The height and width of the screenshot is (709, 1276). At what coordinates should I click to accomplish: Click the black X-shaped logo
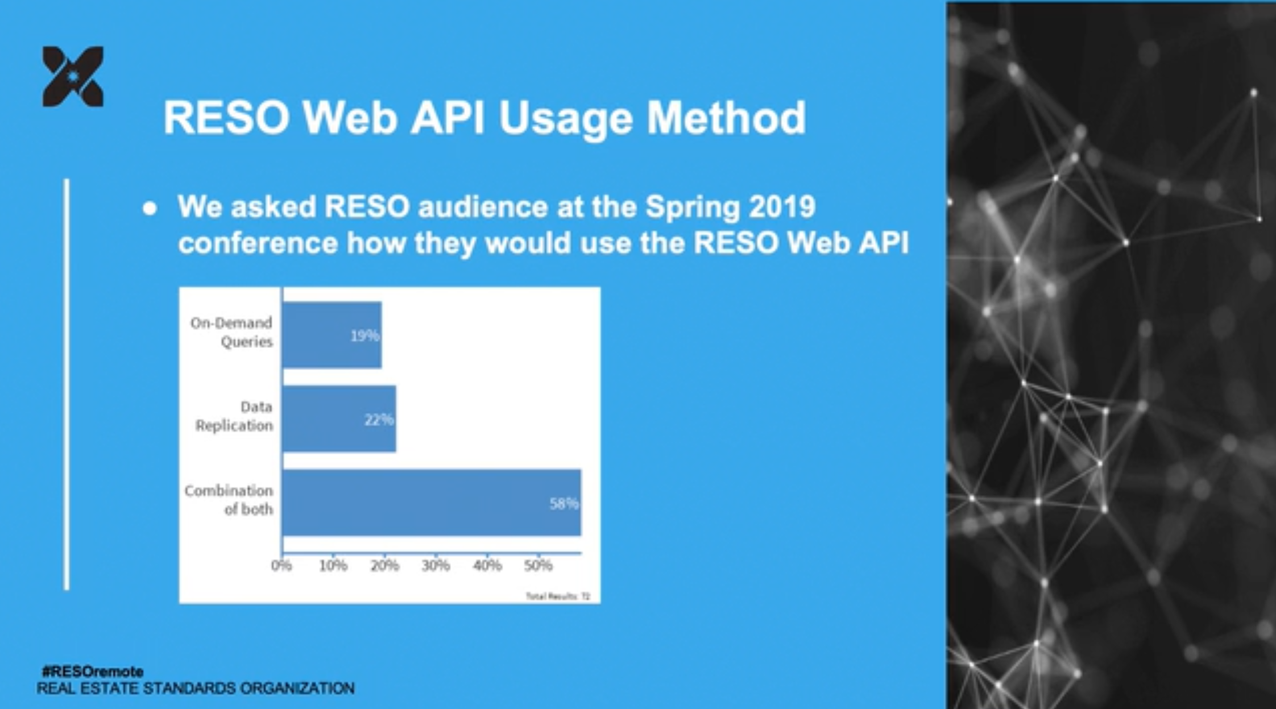point(73,76)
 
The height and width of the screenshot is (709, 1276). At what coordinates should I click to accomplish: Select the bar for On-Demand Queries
point(332,335)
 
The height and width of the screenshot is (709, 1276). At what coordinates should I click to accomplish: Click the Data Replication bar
point(339,419)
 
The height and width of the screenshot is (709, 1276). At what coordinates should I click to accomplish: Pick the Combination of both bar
point(431,503)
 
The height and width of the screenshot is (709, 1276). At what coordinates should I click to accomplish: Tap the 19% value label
point(364,336)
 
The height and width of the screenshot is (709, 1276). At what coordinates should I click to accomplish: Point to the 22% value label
point(379,420)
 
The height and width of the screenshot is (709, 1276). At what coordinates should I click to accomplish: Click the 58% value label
point(564,504)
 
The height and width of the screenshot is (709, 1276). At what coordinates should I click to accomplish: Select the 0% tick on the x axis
point(281,566)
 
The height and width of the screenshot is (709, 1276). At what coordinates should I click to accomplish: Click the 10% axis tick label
point(333,566)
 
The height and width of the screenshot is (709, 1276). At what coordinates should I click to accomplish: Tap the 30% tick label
point(436,566)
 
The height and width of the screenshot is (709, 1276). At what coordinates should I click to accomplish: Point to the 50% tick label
point(538,566)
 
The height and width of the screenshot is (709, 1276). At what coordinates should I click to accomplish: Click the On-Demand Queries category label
point(232,332)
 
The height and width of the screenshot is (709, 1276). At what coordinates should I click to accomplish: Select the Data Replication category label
point(234,416)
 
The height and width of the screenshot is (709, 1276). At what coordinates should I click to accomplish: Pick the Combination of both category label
point(229,500)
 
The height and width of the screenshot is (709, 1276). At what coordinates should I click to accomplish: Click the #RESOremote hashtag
point(93,671)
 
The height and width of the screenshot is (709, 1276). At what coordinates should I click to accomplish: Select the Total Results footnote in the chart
point(557,596)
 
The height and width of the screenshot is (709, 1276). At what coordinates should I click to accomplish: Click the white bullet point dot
point(150,209)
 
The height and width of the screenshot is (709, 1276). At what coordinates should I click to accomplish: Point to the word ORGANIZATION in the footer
point(297,689)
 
